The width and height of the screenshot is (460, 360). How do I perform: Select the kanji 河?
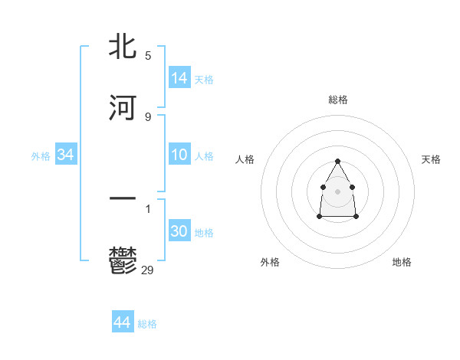(x=123, y=107)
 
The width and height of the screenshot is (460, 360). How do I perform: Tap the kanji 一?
(x=123, y=199)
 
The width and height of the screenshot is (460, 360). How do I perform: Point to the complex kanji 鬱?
(x=123, y=260)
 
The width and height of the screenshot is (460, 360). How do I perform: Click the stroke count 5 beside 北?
(x=148, y=56)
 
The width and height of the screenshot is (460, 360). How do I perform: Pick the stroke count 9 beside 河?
(x=148, y=117)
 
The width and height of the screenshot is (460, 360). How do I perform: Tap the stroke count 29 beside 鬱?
(x=148, y=270)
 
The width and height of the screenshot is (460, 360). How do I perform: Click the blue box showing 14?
(x=179, y=77)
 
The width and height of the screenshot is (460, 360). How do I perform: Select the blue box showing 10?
(x=179, y=155)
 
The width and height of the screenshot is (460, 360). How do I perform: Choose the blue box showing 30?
(x=179, y=231)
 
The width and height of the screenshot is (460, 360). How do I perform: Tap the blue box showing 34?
(x=66, y=155)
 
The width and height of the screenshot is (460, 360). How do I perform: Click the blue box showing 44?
(x=123, y=322)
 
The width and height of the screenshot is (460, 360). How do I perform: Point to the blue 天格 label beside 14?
(x=204, y=79)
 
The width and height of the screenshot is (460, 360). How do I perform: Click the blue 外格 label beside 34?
(x=41, y=156)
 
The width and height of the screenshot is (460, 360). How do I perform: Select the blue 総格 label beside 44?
(x=147, y=324)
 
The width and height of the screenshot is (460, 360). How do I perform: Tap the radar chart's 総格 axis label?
(x=338, y=100)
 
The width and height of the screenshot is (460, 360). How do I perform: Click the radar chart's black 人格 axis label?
(x=245, y=159)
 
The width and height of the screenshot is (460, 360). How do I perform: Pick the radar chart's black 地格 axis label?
(x=402, y=262)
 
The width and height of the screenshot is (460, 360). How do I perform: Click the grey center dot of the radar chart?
(x=337, y=191)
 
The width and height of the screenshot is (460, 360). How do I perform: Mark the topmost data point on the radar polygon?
(x=337, y=161)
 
